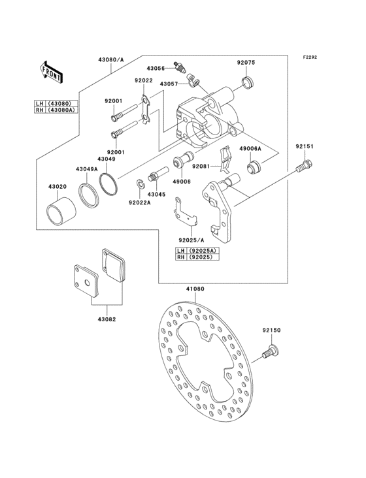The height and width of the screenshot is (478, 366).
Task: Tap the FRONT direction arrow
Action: tap(52, 71)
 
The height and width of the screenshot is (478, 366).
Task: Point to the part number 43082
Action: tap(107, 319)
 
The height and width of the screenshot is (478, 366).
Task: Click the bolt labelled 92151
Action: tap(302, 169)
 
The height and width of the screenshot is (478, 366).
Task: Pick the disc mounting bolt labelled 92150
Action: tap(268, 353)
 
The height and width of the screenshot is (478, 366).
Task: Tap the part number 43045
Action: tap(156, 194)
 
